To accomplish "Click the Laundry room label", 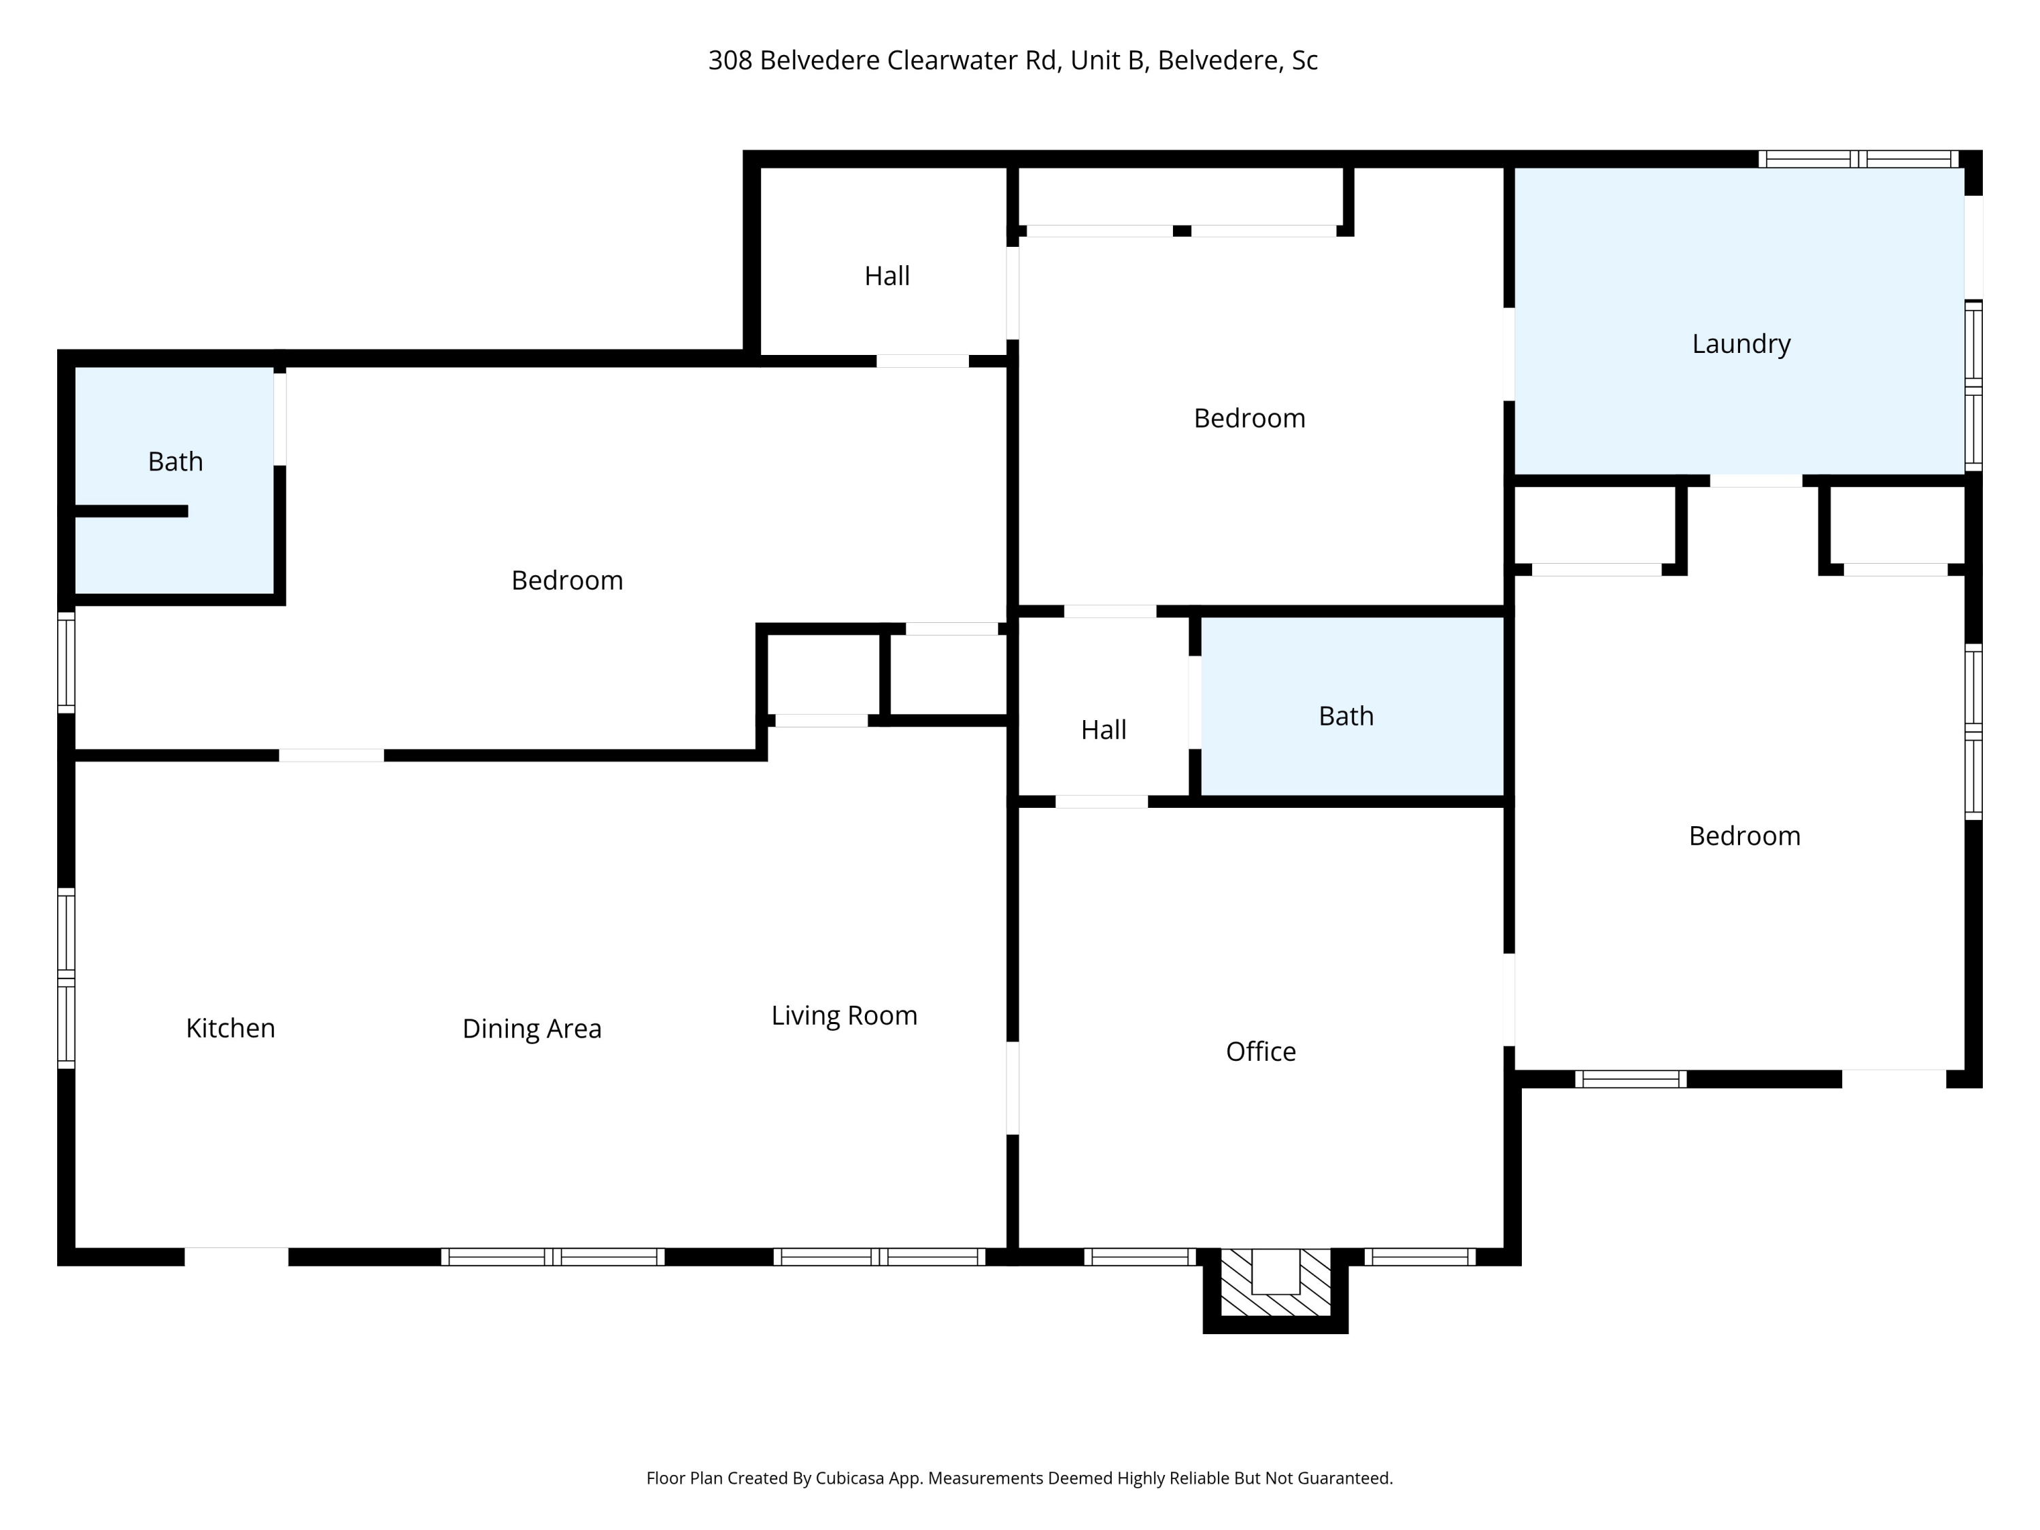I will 1740,344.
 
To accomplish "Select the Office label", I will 1260,1051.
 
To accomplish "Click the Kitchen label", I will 231,1028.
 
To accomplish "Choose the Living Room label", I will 844,1015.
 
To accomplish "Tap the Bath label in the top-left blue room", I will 175,461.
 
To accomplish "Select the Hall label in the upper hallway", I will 886,276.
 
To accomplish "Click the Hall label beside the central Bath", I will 1103,730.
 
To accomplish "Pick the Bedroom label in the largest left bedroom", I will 566,580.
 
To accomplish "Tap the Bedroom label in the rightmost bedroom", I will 1744,836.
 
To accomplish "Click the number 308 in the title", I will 730,61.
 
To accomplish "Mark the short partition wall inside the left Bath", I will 131,511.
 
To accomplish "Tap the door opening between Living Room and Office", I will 1012,1087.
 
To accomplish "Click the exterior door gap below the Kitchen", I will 236,1256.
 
